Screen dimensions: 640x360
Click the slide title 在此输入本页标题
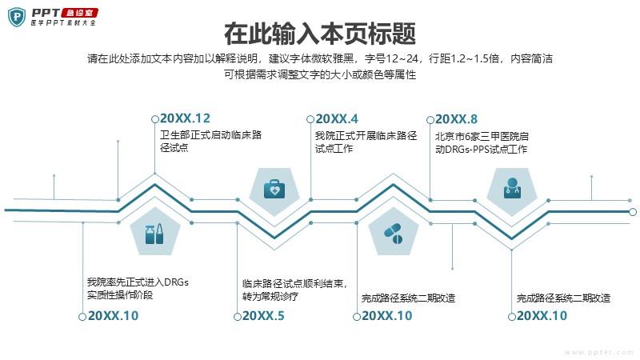pos(320,34)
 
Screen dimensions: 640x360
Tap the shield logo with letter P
pos(17,17)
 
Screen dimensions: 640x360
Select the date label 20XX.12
pos(185,118)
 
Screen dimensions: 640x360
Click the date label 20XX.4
pos(337,118)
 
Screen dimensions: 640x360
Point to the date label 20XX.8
pos(456,119)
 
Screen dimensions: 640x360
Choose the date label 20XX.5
pos(263,316)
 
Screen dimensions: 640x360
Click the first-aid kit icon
pos(274,189)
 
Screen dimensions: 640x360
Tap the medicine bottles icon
pos(154,234)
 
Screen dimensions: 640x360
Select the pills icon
pos(393,234)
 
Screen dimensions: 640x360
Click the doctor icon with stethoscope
pos(512,188)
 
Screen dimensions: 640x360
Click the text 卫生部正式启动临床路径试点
pos(210,142)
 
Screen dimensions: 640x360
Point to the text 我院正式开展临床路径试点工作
pos(366,142)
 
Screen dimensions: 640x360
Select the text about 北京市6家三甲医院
pos(482,143)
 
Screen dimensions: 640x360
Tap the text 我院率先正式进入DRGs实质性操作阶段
pos(138,288)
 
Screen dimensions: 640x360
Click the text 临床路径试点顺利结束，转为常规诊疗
pos(294,290)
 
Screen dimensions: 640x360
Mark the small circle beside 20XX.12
pos(154,119)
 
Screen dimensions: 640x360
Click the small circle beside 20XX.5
pos(237,317)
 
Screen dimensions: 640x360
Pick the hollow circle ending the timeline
pos(633,212)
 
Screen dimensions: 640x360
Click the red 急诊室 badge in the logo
pos(79,13)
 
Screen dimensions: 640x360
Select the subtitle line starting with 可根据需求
pos(320,74)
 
